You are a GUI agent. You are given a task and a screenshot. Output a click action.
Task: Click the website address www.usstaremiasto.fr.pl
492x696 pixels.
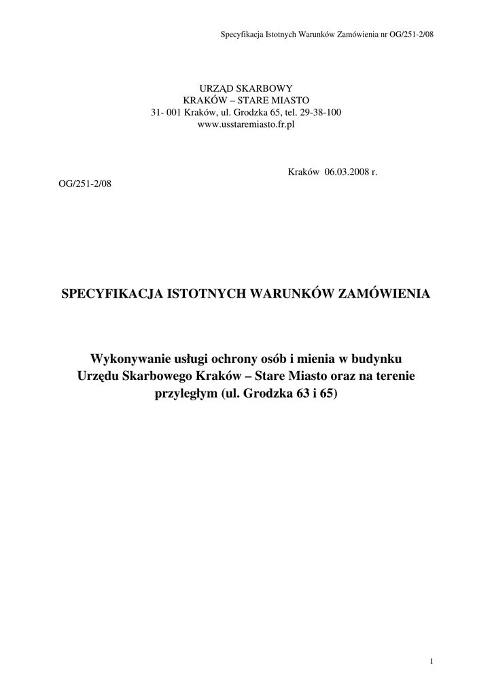[245, 124]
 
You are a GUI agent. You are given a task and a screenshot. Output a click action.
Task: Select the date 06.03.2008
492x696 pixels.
[345, 173]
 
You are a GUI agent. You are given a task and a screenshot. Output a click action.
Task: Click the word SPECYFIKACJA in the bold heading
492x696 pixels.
[111, 294]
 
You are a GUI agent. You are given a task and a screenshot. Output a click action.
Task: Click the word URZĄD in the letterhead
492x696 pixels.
[215, 88]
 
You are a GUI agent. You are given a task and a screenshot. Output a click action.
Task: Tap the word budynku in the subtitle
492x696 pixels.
[378, 358]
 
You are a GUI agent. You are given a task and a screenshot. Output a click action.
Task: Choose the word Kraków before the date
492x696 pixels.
[304, 173]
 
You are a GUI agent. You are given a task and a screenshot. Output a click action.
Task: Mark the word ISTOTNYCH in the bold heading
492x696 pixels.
[206, 294]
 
